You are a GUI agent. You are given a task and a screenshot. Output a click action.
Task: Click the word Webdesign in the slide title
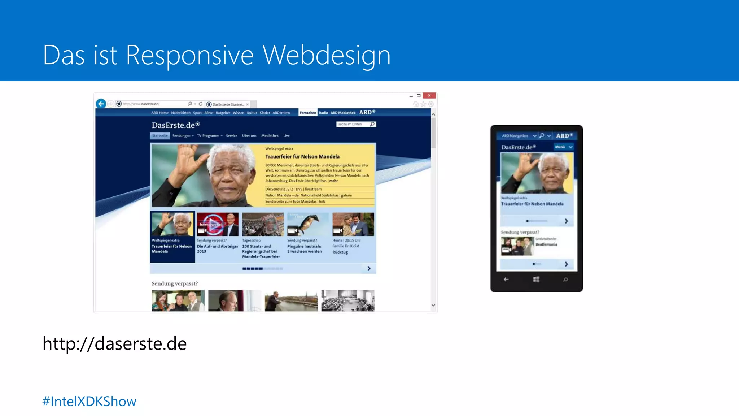click(326, 56)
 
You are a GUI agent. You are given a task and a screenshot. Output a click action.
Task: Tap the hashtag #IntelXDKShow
click(89, 402)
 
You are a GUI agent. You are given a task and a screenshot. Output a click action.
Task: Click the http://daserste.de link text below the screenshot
click(114, 343)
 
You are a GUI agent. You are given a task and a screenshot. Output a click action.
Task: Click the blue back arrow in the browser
click(101, 104)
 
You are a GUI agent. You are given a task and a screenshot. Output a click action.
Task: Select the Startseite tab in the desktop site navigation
click(160, 136)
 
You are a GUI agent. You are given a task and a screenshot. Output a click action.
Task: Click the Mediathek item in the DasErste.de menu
click(270, 136)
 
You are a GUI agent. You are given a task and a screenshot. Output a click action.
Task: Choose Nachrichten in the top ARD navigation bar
click(180, 113)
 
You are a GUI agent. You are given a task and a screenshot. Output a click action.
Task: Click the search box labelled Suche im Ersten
click(353, 124)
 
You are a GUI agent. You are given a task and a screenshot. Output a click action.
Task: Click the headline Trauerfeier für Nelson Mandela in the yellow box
click(302, 156)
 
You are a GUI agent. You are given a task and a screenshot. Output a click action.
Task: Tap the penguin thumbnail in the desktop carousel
click(308, 224)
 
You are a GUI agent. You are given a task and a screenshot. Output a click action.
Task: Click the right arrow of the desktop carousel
click(369, 268)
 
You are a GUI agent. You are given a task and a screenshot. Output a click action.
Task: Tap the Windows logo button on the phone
click(536, 279)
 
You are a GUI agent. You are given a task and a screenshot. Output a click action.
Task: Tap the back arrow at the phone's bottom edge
click(506, 279)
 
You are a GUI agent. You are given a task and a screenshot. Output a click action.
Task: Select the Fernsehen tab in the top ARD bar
click(308, 113)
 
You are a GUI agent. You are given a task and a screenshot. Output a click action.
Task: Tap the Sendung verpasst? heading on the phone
click(520, 232)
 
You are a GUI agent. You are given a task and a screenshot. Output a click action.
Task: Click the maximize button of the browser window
click(419, 96)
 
